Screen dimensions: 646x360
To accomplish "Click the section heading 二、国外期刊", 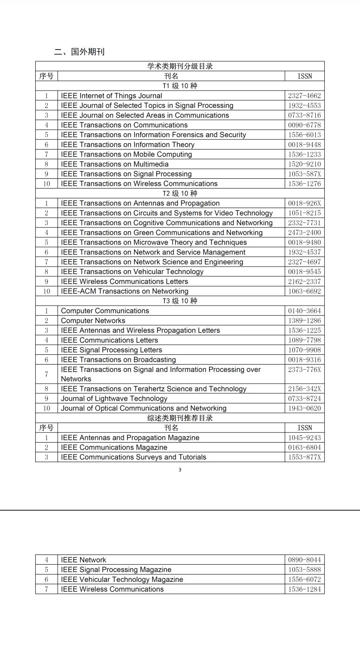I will tap(79, 52).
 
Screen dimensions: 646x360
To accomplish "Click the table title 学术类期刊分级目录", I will tap(180, 66).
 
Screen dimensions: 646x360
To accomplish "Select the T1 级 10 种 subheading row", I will tap(180, 86).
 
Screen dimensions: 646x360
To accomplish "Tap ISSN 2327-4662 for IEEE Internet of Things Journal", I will tap(304, 96).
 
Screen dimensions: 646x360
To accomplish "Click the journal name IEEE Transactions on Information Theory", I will tap(128, 144).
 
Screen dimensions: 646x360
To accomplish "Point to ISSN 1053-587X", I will tap(304, 174).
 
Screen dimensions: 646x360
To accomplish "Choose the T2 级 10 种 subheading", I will tap(180, 193).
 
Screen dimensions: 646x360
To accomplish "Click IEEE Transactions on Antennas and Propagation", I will tap(140, 203).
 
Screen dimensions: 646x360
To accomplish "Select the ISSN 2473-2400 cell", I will tap(304, 232).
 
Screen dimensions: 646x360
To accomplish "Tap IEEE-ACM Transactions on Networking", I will tap(124, 291).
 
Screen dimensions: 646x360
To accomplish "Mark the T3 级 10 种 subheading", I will tap(180, 301).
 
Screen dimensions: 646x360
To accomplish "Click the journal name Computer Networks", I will tap(93, 320).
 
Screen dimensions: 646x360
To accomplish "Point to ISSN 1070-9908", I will tap(304, 350).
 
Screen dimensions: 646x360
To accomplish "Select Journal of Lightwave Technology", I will tap(114, 398).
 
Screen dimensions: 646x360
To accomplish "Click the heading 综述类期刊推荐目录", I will tap(180, 418).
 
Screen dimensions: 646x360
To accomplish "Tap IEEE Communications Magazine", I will tap(114, 447).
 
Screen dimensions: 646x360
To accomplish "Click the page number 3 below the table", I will tap(180, 470).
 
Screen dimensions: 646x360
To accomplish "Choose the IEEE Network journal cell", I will tap(84, 560).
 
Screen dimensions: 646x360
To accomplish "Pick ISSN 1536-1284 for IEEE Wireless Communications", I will tap(304, 589).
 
